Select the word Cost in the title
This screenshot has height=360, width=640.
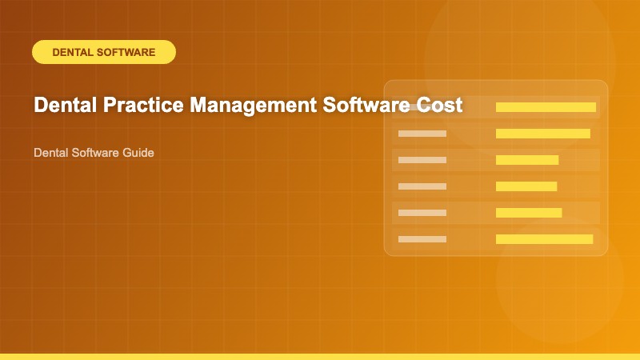click(442, 106)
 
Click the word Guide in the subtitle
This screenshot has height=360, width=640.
click(138, 152)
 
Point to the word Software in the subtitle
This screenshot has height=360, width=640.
click(93, 152)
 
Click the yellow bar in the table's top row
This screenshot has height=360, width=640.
click(546, 107)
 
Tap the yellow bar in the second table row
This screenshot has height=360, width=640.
click(543, 134)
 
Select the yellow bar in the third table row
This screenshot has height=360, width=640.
click(527, 160)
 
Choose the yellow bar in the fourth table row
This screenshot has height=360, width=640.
click(526, 186)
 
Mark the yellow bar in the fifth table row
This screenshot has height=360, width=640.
click(529, 212)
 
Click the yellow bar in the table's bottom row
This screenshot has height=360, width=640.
click(544, 238)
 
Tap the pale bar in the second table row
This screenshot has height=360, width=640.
click(422, 134)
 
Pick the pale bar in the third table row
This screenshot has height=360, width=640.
click(422, 160)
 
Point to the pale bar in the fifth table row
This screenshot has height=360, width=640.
click(422, 212)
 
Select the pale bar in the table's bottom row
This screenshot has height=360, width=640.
click(422, 238)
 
